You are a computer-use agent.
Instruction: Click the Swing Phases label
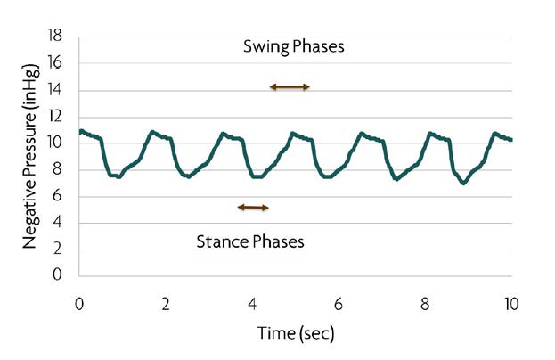[293, 46]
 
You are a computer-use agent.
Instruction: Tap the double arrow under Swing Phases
[290, 86]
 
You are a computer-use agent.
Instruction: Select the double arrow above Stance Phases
[253, 207]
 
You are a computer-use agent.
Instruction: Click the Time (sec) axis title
[295, 335]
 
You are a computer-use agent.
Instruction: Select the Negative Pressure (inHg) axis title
[30, 156]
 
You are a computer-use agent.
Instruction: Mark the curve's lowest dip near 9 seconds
[463, 183]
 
